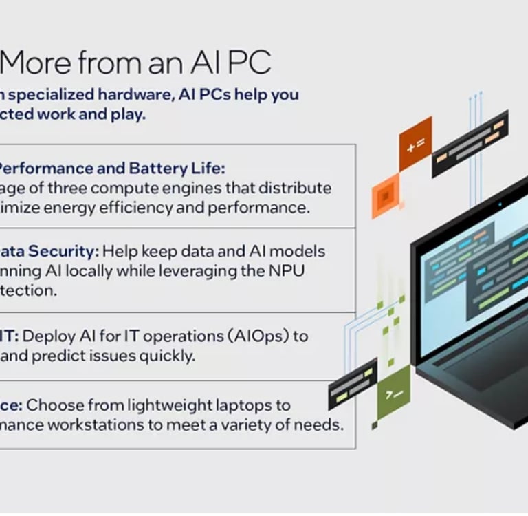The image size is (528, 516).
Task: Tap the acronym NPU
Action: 289,270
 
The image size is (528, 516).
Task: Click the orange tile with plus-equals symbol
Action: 415,144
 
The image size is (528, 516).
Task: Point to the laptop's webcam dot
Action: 500,204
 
